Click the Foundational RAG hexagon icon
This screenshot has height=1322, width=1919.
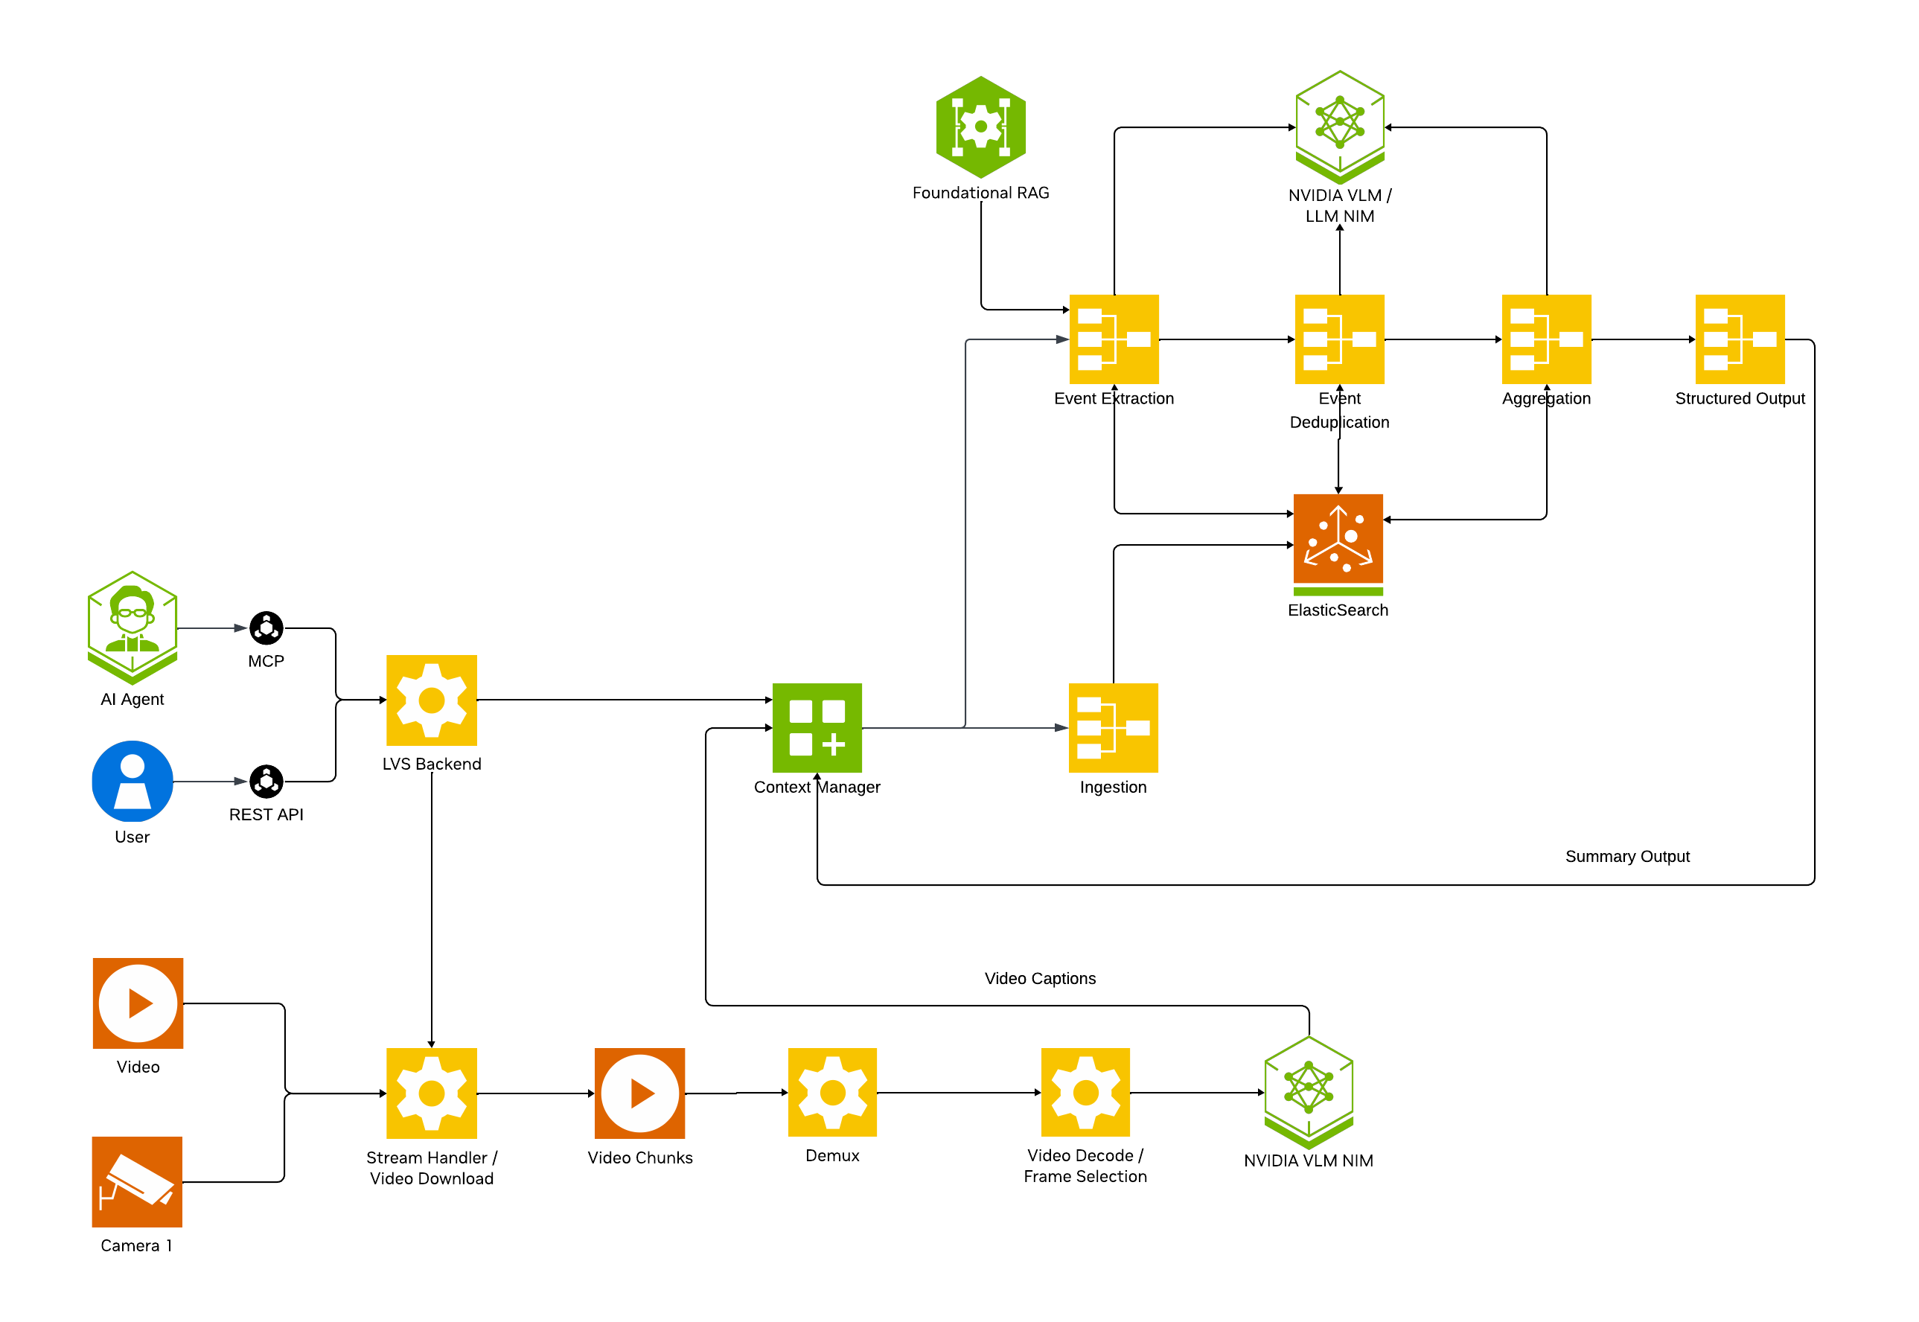[x=980, y=127]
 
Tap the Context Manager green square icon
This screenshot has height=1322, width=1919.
[x=817, y=727]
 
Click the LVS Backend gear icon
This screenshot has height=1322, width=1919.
[x=432, y=700]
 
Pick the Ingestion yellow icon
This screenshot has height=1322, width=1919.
[x=1113, y=727]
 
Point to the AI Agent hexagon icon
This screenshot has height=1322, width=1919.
[x=132, y=625]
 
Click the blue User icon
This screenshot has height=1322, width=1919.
[x=132, y=781]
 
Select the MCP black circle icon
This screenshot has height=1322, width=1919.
[x=266, y=628]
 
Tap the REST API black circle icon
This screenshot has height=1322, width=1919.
[x=266, y=781]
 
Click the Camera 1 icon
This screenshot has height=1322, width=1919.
[x=137, y=1181]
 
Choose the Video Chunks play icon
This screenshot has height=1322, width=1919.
[x=639, y=1093]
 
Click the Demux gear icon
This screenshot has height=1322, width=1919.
[x=832, y=1092]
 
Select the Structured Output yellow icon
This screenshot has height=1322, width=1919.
[x=1740, y=339]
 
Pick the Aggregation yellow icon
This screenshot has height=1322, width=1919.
[x=1546, y=339]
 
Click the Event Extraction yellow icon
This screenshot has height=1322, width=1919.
[x=1114, y=339]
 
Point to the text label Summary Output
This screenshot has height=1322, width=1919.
[x=1626, y=857]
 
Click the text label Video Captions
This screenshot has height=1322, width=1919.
[x=1039, y=978]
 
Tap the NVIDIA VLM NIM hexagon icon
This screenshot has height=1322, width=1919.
[x=1309, y=1089]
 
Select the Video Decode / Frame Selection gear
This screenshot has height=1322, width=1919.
[x=1085, y=1092]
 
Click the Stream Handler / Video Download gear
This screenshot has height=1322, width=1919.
[x=432, y=1093]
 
